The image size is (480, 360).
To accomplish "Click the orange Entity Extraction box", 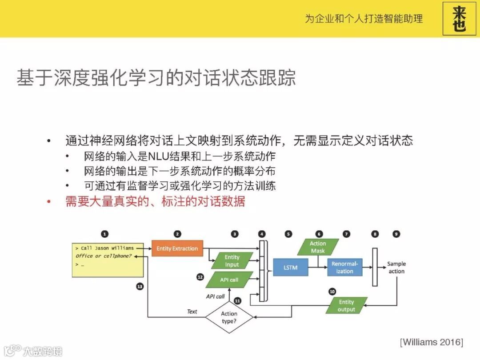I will [x=177, y=248].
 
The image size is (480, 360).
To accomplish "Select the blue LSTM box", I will [x=290, y=268].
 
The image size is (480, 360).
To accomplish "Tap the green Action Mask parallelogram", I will [x=318, y=247].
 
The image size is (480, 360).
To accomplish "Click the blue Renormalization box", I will [x=344, y=268].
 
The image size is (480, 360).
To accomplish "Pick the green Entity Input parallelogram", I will [x=232, y=261].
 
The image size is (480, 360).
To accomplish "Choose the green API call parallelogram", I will [x=229, y=280].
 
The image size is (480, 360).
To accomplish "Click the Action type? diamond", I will [x=229, y=317].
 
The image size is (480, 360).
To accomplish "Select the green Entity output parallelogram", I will [x=346, y=306].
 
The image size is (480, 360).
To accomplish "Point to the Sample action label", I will [x=396, y=268].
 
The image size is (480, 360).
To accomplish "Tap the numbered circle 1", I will [x=104, y=234].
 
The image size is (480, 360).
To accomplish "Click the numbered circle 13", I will [x=140, y=287].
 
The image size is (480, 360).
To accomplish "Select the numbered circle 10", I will [x=332, y=292].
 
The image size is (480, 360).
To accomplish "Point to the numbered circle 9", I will [x=396, y=234].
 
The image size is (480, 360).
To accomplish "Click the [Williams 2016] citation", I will [x=431, y=342].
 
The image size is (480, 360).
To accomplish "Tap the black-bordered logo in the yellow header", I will [x=459, y=19].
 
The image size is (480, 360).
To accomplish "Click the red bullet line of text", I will [x=155, y=201].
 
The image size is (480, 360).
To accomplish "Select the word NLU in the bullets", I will [x=157, y=156].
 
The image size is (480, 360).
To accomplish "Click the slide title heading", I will [x=156, y=78].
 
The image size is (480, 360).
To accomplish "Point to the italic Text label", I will [x=192, y=312].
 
